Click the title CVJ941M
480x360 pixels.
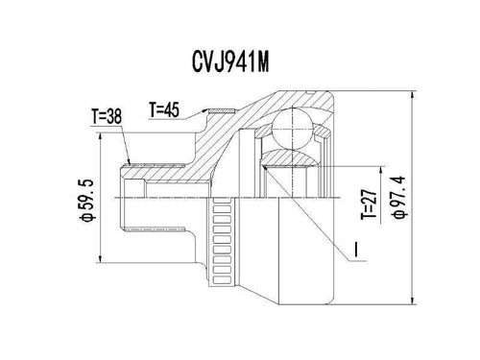(230, 61)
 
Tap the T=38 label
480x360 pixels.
(107, 116)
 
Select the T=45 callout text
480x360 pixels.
(164, 109)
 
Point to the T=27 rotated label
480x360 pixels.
(370, 204)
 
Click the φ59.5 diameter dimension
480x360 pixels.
(87, 201)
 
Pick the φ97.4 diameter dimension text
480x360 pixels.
(400, 198)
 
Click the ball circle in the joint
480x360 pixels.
(292, 129)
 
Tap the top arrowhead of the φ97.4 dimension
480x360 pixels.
(414, 95)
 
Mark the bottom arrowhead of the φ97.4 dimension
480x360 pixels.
(414, 300)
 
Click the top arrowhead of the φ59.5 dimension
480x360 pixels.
(101, 136)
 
